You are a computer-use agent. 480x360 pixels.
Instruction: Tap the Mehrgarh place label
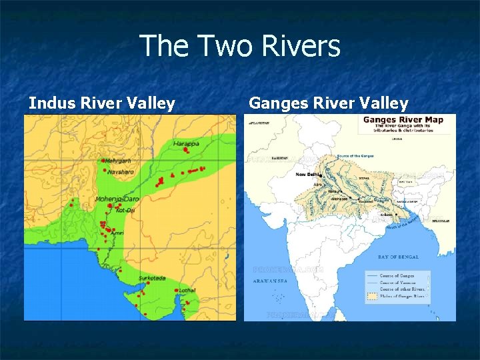point(118,161)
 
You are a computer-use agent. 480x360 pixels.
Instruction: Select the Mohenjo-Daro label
point(117,199)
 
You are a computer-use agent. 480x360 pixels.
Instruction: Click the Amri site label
point(117,233)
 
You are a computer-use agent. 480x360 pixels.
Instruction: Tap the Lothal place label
point(187,290)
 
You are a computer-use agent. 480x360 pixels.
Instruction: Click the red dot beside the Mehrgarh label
point(103,161)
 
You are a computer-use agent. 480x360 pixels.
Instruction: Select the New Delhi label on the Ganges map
point(307,175)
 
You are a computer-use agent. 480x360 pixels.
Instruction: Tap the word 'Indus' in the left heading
point(52,103)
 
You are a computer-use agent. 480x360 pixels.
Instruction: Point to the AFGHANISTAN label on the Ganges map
point(261,123)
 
